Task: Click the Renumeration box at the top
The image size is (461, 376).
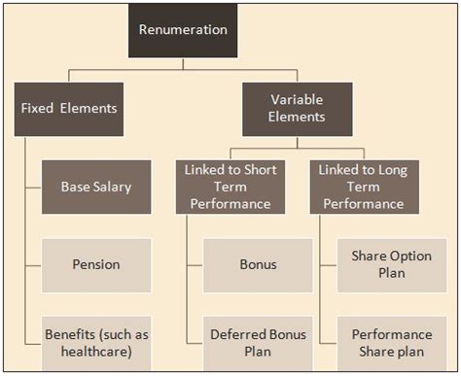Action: tap(183, 29)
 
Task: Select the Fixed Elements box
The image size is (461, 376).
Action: tap(69, 107)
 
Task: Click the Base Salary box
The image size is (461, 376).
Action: tap(95, 187)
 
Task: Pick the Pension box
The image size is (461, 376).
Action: tap(95, 264)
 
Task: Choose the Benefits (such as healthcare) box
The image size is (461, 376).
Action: tap(95, 343)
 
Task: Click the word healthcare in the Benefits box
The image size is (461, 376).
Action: tap(95, 352)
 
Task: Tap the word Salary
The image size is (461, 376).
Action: tap(113, 187)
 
